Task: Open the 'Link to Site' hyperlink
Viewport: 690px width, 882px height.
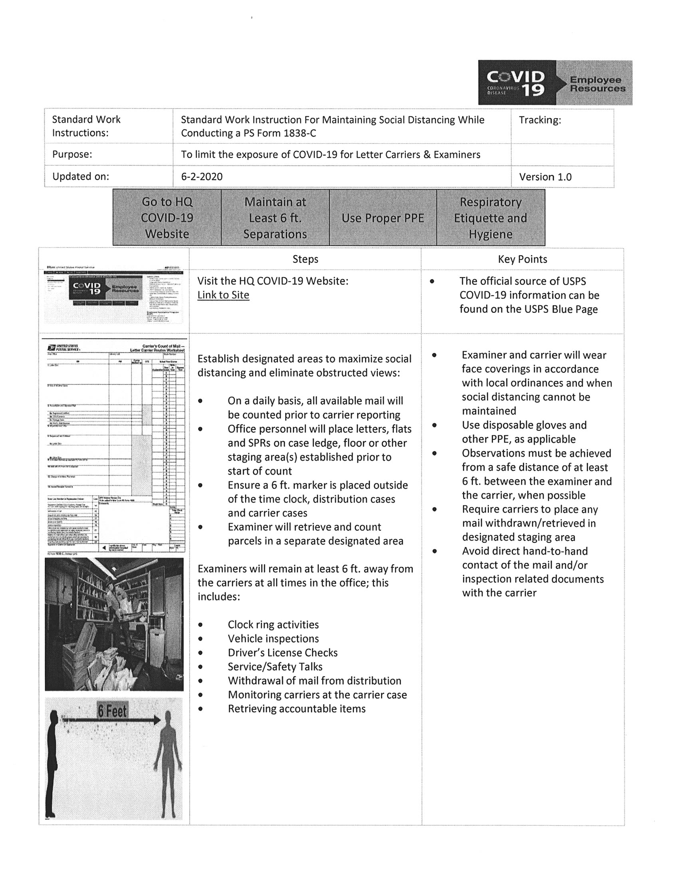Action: tap(223, 295)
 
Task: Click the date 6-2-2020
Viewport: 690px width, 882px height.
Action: tap(202, 177)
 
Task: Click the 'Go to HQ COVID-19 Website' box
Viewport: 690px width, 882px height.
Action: tap(167, 218)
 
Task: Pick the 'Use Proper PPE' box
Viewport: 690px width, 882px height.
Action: tap(383, 218)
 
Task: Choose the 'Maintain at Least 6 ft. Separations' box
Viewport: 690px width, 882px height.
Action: tap(275, 218)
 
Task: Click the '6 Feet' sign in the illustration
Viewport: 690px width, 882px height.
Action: tap(112, 711)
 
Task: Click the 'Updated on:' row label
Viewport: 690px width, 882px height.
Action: tap(80, 177)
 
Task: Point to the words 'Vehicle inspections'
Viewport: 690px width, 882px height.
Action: tap(273, 638)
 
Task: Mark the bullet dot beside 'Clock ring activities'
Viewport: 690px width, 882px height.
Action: tap(200, 625)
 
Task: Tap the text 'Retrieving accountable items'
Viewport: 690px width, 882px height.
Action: tap(297, 709)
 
